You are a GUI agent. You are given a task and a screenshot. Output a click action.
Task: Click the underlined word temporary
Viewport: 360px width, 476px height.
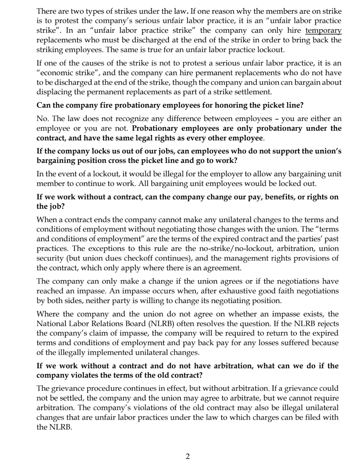323,30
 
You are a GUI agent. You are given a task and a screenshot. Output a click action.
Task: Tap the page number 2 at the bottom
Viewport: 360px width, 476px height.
187,456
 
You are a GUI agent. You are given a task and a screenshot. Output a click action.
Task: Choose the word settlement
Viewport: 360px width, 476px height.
251,92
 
